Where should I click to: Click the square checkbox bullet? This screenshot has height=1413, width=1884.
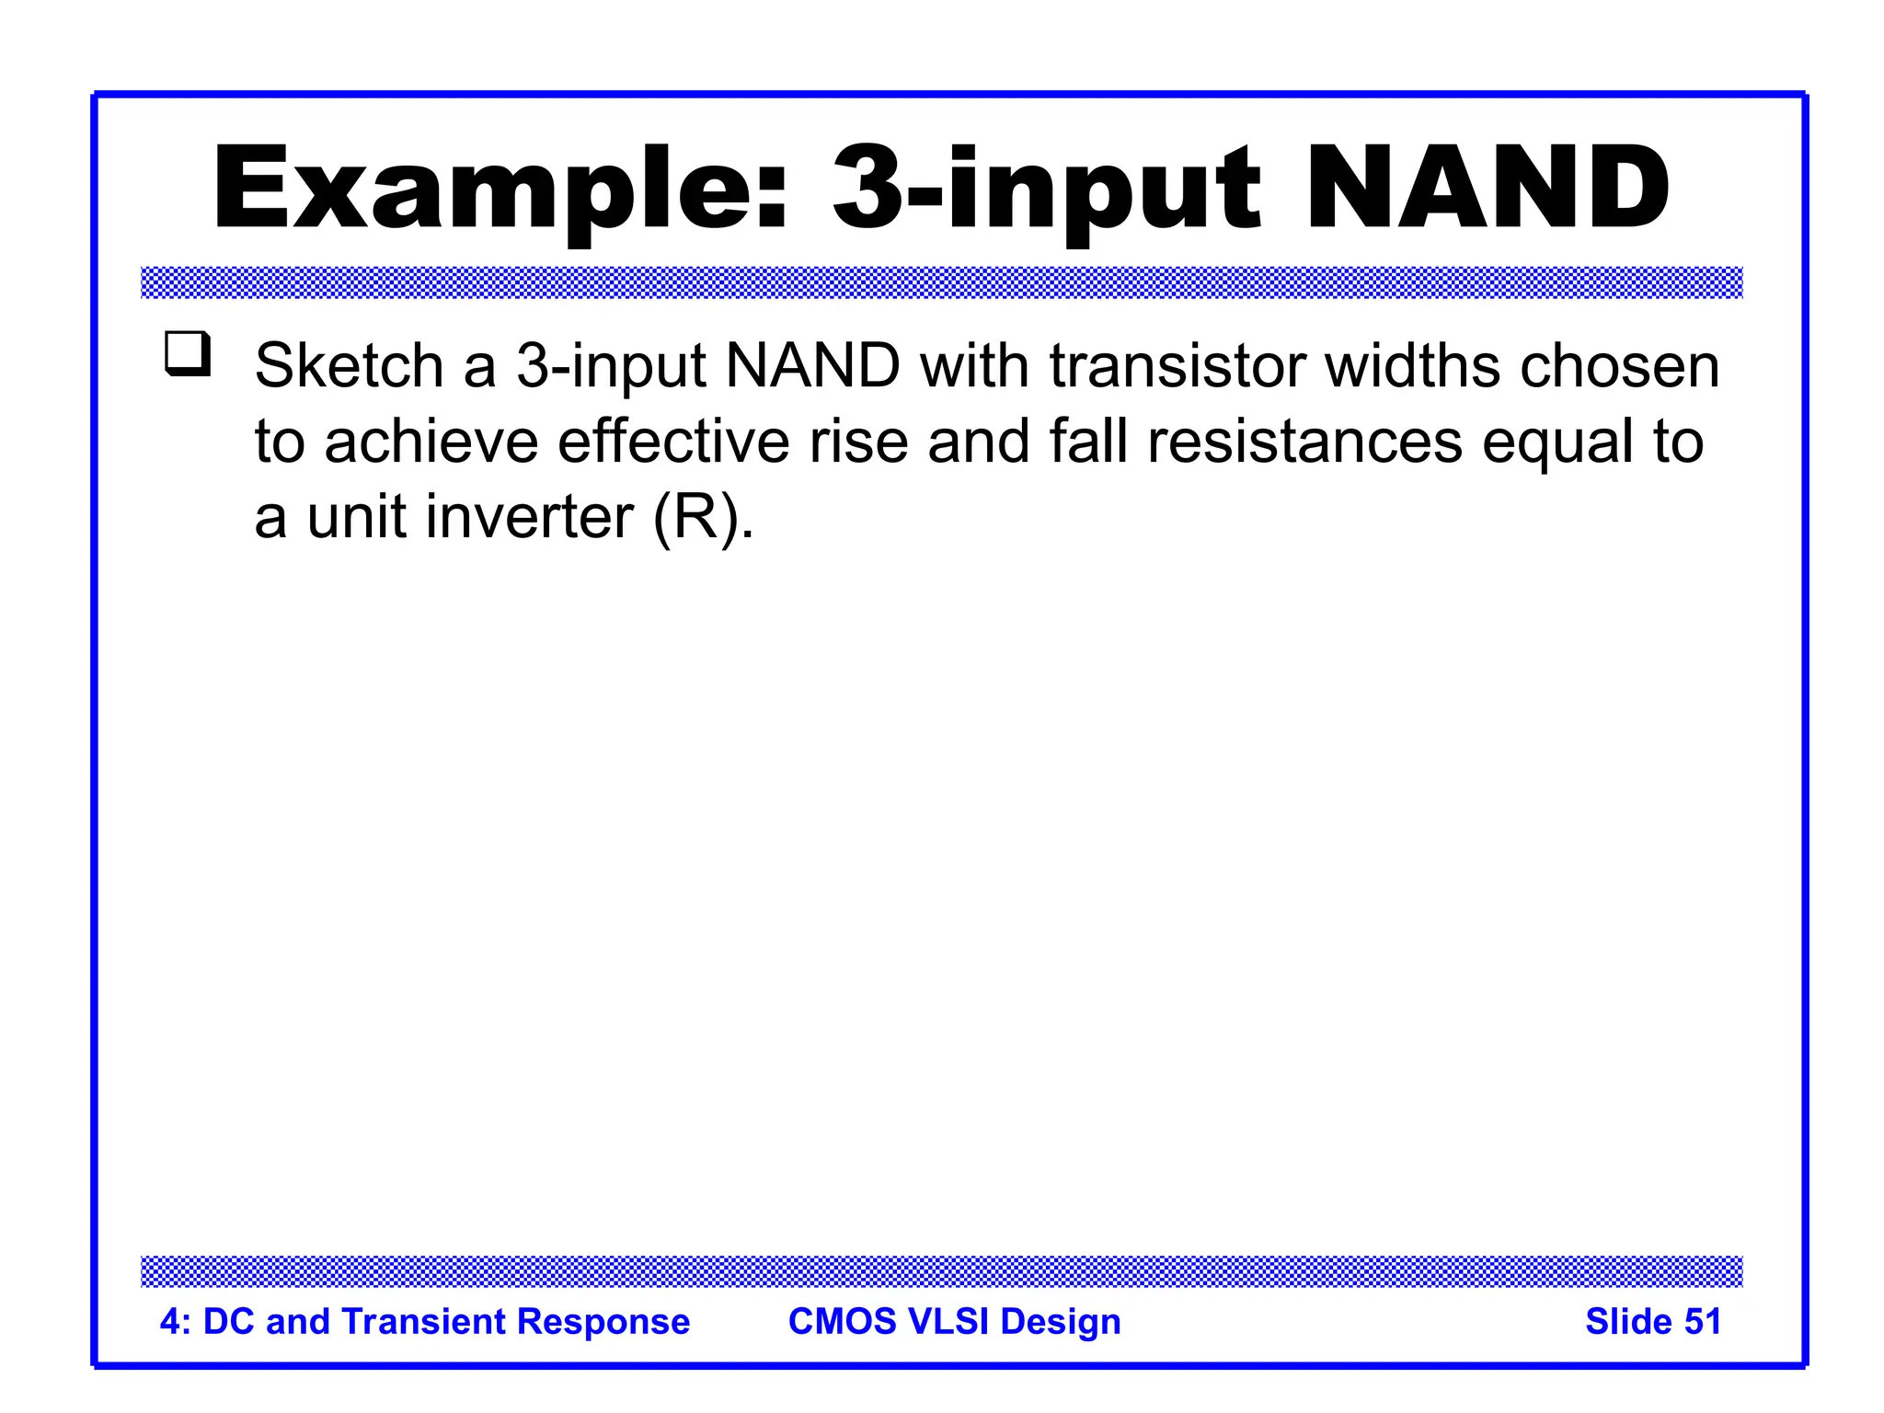tap(188, 354)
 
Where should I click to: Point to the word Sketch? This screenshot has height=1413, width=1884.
tap(350, 366)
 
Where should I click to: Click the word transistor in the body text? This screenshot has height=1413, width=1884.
tap(1177, 366)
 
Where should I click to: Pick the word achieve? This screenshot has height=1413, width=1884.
tap(431, 442)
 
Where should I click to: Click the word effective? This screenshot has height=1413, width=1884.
tap(673, 442)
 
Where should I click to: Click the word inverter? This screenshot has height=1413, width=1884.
tap(530, 517)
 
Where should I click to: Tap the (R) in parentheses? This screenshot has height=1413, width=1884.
tap(696, 519)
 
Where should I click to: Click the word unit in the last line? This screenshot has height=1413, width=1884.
tap(356, 517)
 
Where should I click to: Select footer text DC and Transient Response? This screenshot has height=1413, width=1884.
tap(445, 1321)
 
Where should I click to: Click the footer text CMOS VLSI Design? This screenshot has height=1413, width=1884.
tap(954, 1321)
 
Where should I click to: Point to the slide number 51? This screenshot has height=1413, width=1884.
tap(1702, 1321)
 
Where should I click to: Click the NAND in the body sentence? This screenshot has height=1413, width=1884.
tap(812, 366)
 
